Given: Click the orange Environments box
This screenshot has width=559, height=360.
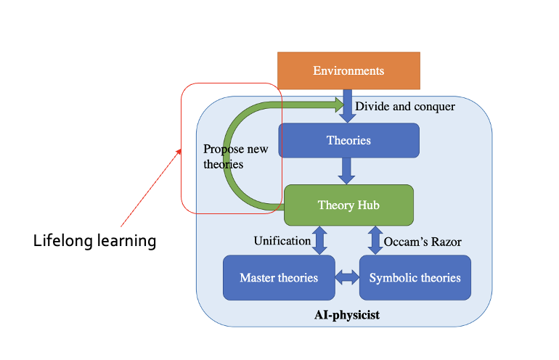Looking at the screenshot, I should click(x=348, y=70).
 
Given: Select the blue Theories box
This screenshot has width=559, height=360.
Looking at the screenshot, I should click(x=348, y=140).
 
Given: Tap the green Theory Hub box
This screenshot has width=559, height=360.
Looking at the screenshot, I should click(x=348, y=205).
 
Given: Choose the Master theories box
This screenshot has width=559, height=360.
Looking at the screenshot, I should click(x=279, y=277).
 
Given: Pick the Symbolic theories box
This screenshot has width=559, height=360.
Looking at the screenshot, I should click(x=415, y=277).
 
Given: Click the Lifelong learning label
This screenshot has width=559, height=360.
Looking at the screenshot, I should click(x=95, y=240).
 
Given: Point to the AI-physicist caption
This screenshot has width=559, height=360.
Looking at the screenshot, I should click(x=348, y=316).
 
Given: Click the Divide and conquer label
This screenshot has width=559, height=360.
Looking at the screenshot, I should click(x=405, y=107).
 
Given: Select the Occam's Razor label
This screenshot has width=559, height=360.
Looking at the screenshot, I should click(x=423, y=241).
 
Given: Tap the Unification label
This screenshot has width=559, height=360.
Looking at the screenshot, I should click(x=282, y=241).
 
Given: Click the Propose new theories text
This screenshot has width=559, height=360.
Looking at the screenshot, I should click(x=234, y=157).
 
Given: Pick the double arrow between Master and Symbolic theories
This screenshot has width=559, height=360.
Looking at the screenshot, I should click(x=347, y=277).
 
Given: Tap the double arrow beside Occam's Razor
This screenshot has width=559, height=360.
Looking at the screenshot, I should click(x=375, y=240).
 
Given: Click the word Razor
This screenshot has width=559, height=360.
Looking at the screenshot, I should click(x=446, y=241).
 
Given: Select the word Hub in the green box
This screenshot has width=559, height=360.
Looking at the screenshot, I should click(x=368, y=205).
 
